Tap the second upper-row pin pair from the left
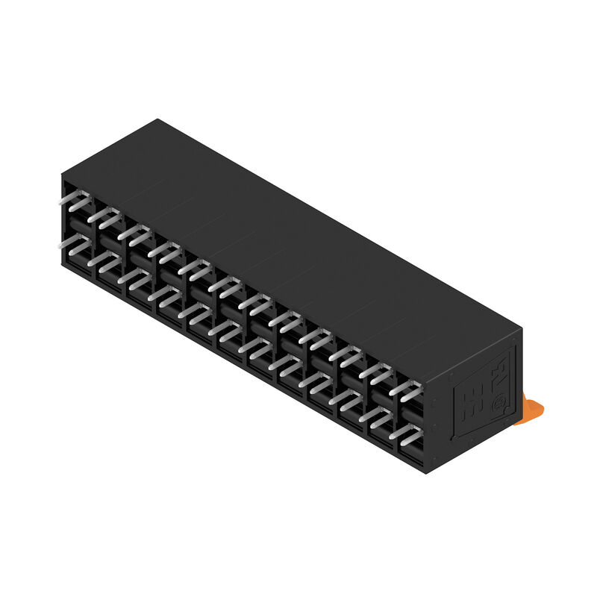pyautogui.click(x=105, y=217)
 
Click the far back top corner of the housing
pyautogui.click(x=157, y=119)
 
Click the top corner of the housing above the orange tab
pyautogui.click(x=520, y=328)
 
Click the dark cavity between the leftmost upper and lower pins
pyautogui.click(x=75, y=225)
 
